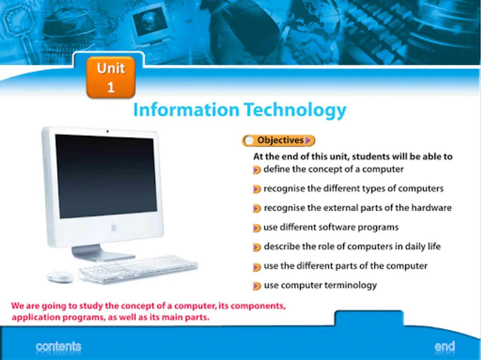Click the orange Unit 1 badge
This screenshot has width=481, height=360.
pos(111,77)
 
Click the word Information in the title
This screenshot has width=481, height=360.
pos(186,110)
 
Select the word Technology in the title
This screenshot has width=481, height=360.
pos(295,111)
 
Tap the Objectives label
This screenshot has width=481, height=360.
pos(280,140)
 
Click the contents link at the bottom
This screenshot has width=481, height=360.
pos(58,346)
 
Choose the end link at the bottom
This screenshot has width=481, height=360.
pos(445,346)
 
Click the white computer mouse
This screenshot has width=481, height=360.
pos(60,277)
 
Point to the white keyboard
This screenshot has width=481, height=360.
pos(138,270)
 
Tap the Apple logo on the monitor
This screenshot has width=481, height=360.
pos(113,227)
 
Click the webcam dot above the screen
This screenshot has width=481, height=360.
pos(108,131)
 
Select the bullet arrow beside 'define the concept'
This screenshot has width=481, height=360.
pos(257,170)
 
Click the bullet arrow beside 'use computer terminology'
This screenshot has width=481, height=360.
pos(257,286)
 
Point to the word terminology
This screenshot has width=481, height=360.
pos(351,286)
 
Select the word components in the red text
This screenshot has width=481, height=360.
pos(258,306)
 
